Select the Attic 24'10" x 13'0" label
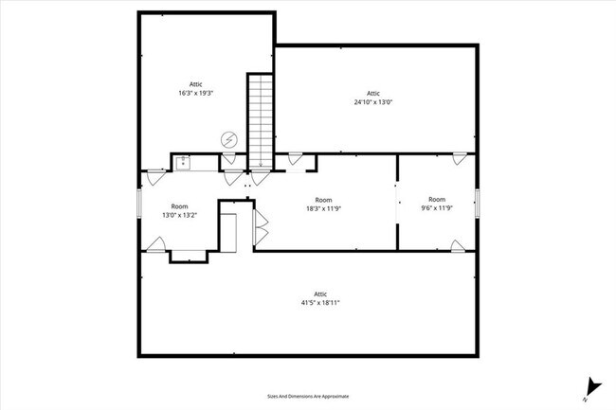tap(373, 98)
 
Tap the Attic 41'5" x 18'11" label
tap(320, 298)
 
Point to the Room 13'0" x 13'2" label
tap(179, 210)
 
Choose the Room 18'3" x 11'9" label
tap(324, 205)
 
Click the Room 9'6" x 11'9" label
tap(436, 204)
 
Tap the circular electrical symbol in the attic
tap(228, 139)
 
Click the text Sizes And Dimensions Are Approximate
tap(308, 396)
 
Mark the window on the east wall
tap(478, 203)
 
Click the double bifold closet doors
tap(261, 229)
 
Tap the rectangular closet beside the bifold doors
tap(228, 232)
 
